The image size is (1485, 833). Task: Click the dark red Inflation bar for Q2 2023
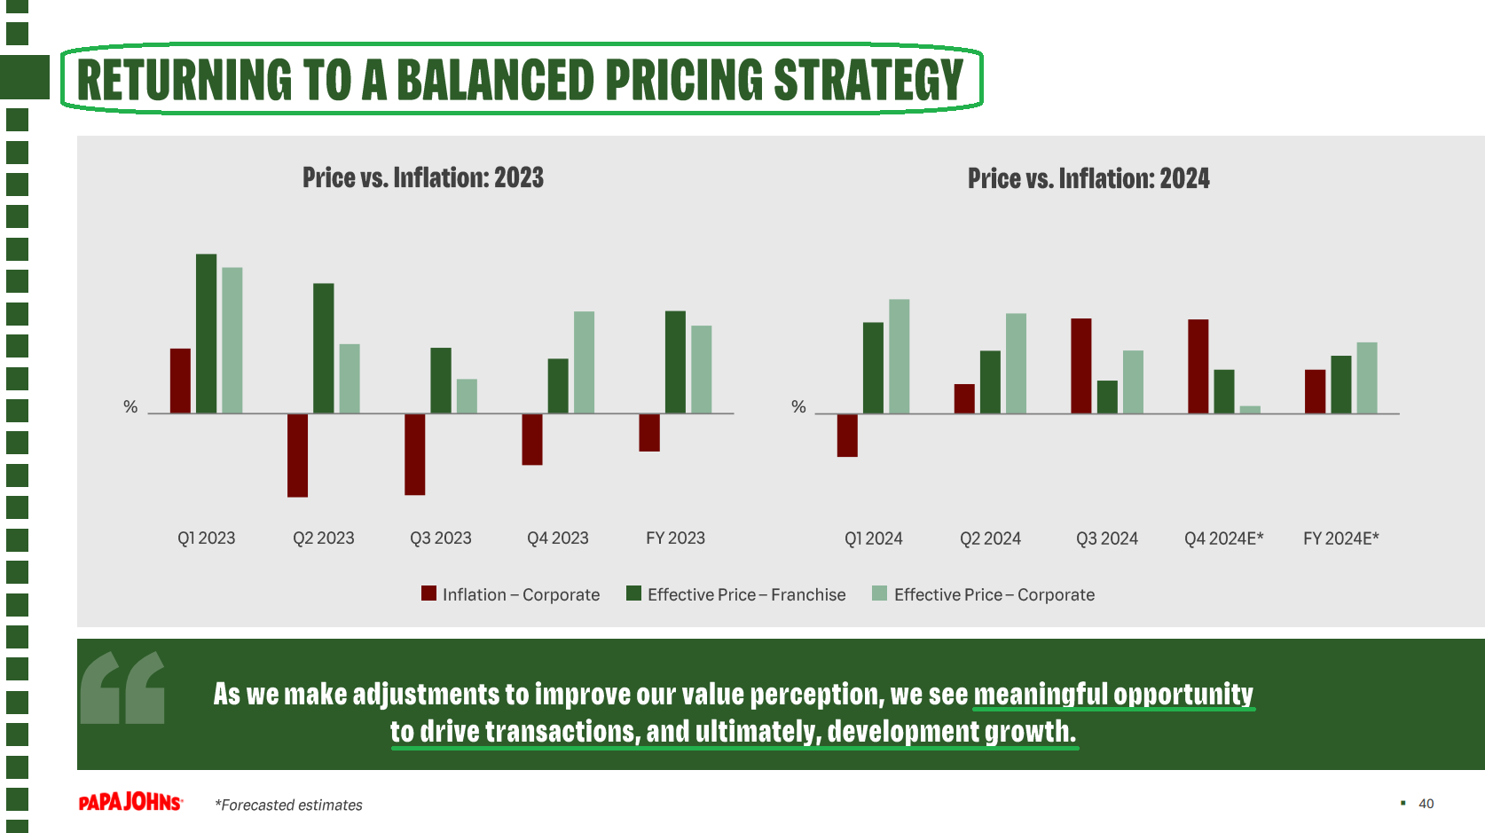pyautogui.click(x=297, y=455)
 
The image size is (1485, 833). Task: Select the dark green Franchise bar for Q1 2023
pyautogui.click(x=206, y=334)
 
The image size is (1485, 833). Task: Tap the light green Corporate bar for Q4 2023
pyautogui.click(x=584, y=362)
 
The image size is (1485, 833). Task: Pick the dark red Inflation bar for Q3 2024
pyautogui.click(x=1080, y=365)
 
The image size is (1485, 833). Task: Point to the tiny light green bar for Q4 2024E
pyautogui.click(x=1250, y=410)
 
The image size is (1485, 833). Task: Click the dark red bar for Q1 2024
pyautogui.click(x=847, y=436)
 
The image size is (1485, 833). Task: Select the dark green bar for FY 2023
pyautogui.click(x=675, y=362)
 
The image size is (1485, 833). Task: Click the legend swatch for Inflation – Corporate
pyautogui.click(x=429, y=593)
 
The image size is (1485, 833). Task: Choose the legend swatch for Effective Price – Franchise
pyautogui.click(x=633, y=593)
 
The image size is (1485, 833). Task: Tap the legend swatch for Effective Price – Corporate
pyautogui.click(x=879, y=593)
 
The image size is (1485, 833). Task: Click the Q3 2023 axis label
pyautogui.click(x=441, y=538)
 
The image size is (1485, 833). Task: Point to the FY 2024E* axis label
pyautogui.click(x=1340, y=538)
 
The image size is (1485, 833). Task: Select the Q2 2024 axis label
pyautogui.click(x=990, y=538)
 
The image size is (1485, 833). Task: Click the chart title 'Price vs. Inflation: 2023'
pyautogui.click(x=423, y=177)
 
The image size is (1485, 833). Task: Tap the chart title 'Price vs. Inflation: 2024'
pyautogui.click(x=1088, y=178)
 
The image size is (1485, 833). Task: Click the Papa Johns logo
pyautogui.click(x=130, y=802)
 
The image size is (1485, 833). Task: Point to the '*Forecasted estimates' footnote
pyautogui.click(x=288, y=805)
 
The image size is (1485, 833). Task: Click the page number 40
pyautogui.click(x=1426, y=804)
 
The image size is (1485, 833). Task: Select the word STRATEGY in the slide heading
pyautogui.click(x=868, y=80)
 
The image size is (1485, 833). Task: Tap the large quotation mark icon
pyautogui.click(x=122, y=688)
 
